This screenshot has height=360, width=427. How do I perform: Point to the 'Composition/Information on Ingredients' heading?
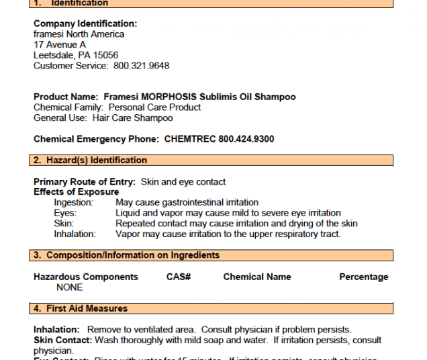click(132, 255)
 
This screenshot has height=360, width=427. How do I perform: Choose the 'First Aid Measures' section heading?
click(87, 308)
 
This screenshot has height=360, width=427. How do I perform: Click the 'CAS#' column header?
click(179, 277)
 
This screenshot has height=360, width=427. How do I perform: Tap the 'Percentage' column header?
click(363, 277)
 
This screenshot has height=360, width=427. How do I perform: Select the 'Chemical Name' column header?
click(257, 277)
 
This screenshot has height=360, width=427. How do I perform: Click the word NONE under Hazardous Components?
click(70, 287)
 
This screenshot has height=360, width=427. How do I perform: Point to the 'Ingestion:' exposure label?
click(74, 202)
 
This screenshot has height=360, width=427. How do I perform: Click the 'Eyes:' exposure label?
click(65, 213)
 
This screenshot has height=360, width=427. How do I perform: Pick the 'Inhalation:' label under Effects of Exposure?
click(75, 234)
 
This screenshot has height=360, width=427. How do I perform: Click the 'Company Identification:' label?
click(85, 24)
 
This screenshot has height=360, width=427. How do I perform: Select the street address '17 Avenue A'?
click(60, 44)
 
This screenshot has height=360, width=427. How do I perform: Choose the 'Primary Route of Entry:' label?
click(85, 182)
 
